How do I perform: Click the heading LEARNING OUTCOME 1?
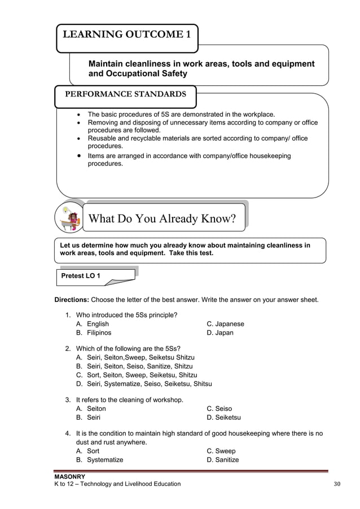126,36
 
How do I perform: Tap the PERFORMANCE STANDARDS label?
125,94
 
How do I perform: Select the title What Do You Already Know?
163,218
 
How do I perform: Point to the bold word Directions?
71,300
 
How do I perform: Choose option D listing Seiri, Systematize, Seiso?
144,384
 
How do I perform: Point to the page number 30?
338,484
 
